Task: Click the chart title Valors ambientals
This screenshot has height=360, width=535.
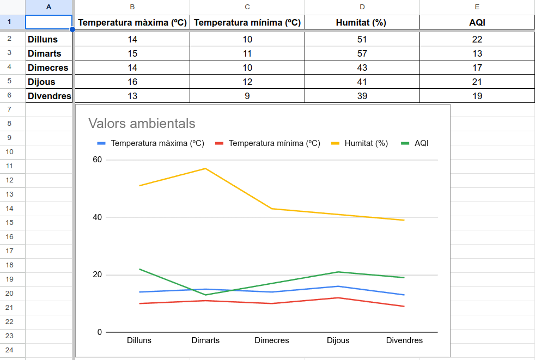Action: [x=142, y=124]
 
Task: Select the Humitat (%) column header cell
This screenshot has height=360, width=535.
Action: [x=362, y=22]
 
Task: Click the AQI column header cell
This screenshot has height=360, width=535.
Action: [x=477, y=22]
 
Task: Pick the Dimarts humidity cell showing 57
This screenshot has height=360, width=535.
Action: [x=362, y=53]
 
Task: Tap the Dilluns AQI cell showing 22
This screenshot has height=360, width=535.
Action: [x=477, y=39]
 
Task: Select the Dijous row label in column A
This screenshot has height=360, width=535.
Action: [x=42, y=82]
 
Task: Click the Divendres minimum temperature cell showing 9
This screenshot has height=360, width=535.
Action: [x=247, y=96]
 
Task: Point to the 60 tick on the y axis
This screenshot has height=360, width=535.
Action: [x=98, y=160]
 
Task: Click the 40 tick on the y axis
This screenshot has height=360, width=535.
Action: [x=98, y=217]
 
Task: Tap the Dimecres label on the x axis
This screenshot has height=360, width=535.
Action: [x=272, y=340]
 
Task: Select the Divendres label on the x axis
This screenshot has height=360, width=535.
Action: [x=404, y=340]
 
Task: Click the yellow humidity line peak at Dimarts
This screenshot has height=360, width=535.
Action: [x=205, y=168]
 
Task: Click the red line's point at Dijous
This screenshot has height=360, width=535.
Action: [x=338, y=297]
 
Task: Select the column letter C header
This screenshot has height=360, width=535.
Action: [x=247, y=7]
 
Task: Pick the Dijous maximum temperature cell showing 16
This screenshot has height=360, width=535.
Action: [x=132, y=82]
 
